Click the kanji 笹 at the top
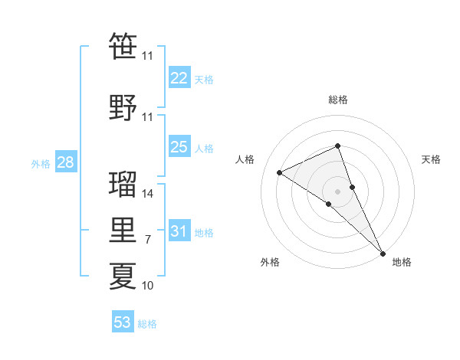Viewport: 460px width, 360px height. tap(123, 46)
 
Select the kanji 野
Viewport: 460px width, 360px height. tap(123, 107)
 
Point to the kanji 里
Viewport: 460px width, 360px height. tap(123, 231)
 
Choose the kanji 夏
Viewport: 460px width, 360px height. tap(123, 276)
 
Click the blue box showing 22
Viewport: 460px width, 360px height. tap(179, 77)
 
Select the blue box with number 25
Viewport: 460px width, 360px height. tap(179, 147)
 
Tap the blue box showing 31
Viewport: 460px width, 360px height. tap(179, 231)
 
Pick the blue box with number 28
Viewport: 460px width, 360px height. tap(65, 162)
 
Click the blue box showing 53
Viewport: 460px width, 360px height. tap(123, 322)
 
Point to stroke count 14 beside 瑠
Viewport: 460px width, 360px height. tap(148, 194)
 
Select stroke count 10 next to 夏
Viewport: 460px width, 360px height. tap(148, 286)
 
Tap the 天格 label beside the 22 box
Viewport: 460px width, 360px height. tap(204, 79)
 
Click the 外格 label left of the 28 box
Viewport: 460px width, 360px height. tap(41, 163)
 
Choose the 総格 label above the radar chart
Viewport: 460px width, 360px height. tap(338, 100)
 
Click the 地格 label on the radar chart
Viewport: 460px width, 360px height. tap(402, 262)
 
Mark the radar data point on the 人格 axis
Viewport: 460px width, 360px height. tap(280, 172)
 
